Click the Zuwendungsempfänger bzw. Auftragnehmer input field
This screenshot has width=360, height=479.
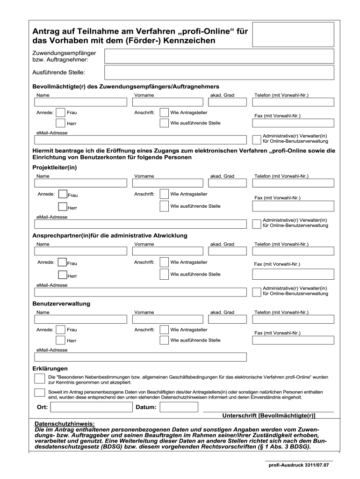(x=219, y=57)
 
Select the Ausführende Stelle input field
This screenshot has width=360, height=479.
(x=219, y=73)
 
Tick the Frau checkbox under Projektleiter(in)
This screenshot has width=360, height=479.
(x=62, y=194)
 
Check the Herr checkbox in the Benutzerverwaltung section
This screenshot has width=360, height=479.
(x=60, y=340)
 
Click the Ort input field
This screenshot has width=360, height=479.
(x=92, y=407)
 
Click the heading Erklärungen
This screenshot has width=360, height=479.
(x=50, y=368)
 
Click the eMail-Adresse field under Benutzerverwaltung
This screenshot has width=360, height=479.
(x=140, y=357)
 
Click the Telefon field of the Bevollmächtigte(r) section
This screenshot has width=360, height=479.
(x=293, y=102)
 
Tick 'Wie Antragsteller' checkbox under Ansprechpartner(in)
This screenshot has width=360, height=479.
(x=164, y=262)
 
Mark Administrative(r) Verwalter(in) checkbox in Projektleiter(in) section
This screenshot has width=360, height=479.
(x=256, y=223)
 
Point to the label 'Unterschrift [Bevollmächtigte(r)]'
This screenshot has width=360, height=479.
(x=268, y=415)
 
